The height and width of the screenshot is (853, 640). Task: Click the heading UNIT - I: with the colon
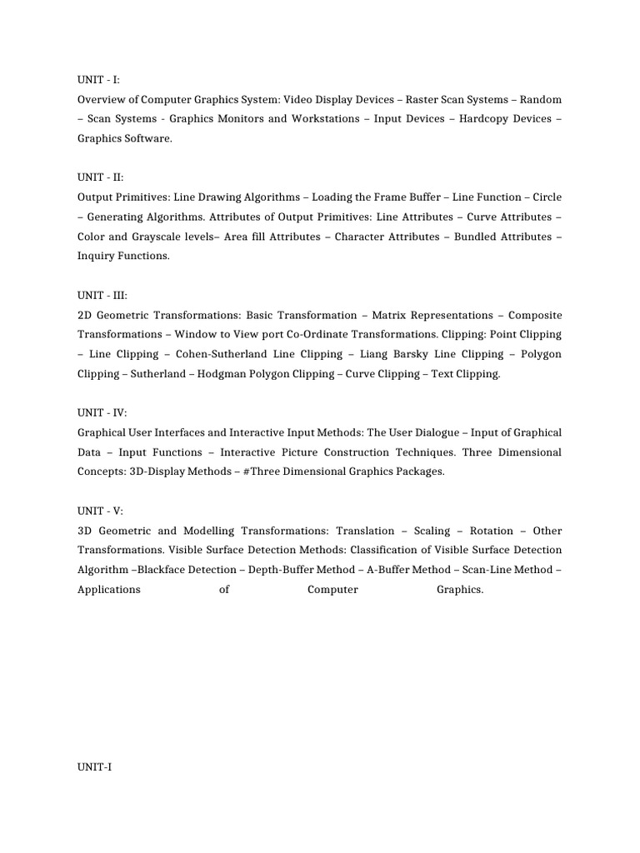click(98, 80)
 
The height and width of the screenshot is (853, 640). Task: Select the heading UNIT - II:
click(100, 177)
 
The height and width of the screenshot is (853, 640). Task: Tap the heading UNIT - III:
click(102, 296)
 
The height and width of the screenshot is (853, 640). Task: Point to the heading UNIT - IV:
click(102, 413)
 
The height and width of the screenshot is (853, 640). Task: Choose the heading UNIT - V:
click(100, 511)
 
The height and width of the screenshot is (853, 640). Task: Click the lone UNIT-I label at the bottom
click(94, 767)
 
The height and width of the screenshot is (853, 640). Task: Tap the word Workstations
click(320, 119)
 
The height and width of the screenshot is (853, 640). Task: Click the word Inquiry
click(97, 257)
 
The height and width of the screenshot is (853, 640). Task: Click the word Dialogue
click(438, 433)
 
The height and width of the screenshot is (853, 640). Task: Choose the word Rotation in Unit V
click(492, 531)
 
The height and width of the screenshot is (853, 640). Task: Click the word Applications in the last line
click(109, 590)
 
